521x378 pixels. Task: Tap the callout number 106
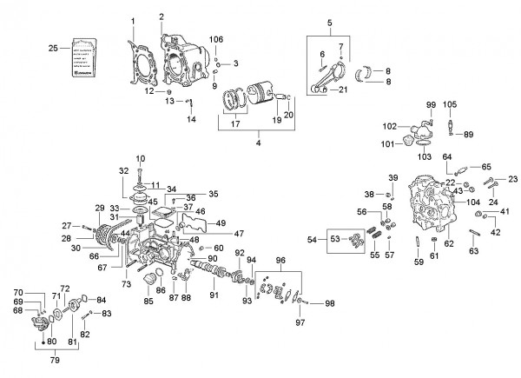tap(216, 39)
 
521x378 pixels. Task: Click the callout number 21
tap(342, 90)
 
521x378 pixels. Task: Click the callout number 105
tap(450, 105)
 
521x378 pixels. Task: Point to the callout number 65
tap(486, 165)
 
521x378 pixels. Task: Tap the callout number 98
tap(329, 303)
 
